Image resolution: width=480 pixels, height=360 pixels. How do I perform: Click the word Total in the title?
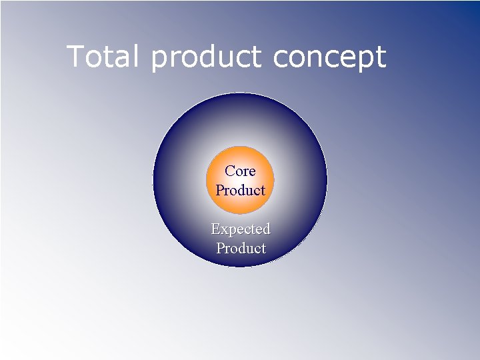tap(103, 57)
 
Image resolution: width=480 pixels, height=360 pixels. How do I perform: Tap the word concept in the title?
tap(329, 58)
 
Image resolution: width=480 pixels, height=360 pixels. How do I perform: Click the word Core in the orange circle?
tap(240, 171)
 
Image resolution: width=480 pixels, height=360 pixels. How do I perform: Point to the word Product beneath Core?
tap(240, 190)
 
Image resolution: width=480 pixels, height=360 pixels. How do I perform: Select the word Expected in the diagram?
tap(240, 229)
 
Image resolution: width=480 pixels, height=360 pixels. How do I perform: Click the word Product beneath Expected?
tap(241, 248)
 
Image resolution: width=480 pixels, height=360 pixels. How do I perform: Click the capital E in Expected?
tap(215, 229)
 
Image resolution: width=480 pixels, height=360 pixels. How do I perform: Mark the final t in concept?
tap(381, 58)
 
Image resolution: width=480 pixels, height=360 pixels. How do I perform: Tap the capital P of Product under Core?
tap(220, 190)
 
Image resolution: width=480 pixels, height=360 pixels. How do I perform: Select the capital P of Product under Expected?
tap(221, 248)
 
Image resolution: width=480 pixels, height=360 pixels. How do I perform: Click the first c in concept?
tap(279, 58)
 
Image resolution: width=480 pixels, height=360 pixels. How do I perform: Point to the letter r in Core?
tap(245, 172)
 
